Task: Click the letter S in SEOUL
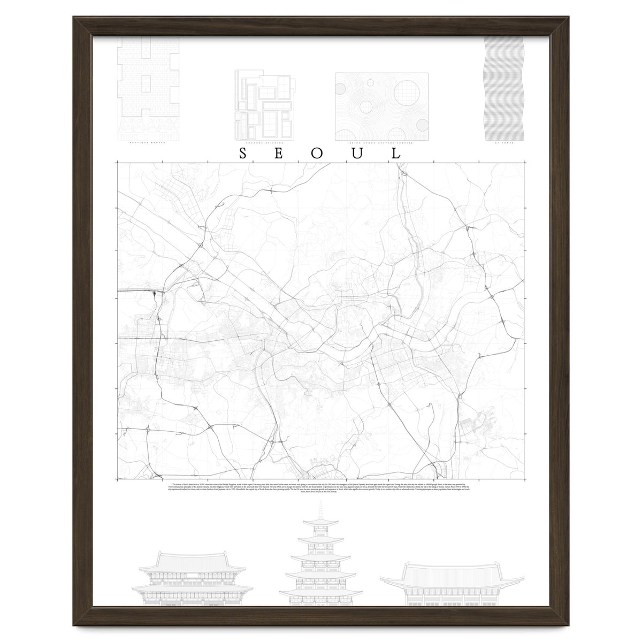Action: click(x=242, y=154)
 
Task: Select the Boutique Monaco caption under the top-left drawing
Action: click(x=148, y=143)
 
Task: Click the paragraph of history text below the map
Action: click(x=319, y=488)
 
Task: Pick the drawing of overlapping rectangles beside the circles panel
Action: click(x=265, y=106)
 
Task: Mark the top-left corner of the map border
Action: click(x=117, y=163)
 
